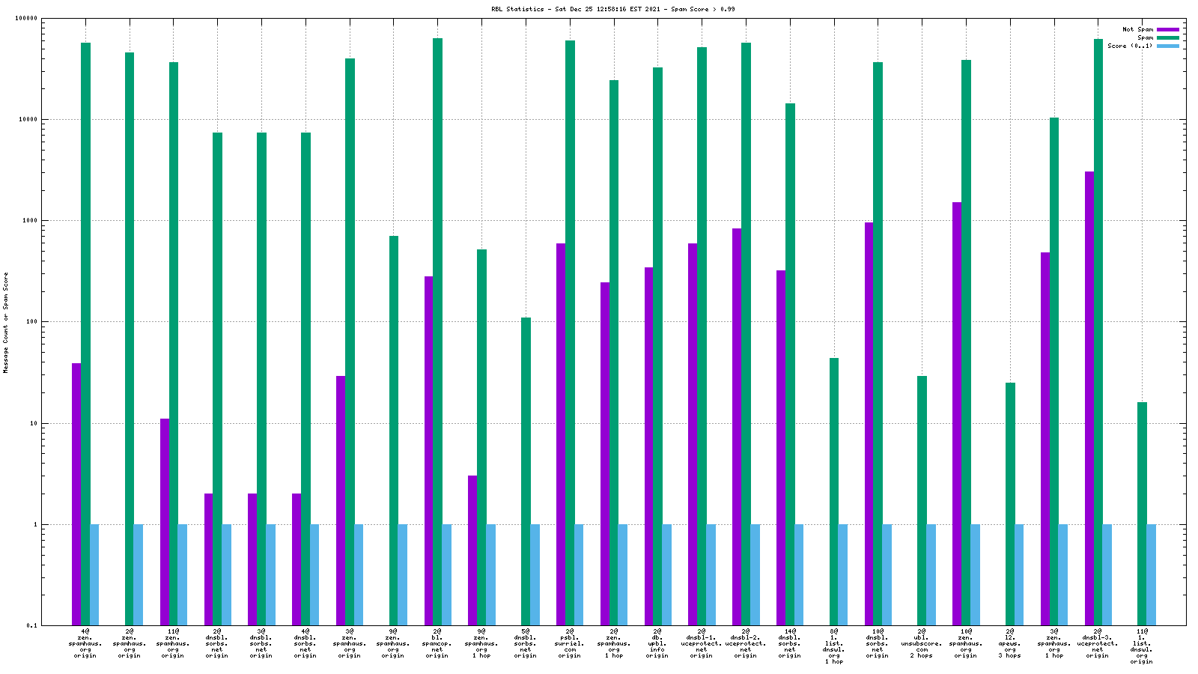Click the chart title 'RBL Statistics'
[517, 9]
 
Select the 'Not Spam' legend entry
[1137, 29]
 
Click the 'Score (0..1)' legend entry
[1130, 46]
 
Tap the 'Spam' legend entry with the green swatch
[1145, 37]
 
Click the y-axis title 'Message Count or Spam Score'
[6, 322]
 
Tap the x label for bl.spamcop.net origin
[437, 643]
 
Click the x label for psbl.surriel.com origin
[570, 643]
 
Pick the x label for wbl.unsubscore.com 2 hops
[922, 643]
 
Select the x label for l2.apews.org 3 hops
[1010, 643]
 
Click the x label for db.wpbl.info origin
[657, 643]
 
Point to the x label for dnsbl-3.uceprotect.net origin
[1098, 643]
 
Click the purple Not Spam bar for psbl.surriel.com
[561, 434]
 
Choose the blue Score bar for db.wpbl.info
[666, 575]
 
